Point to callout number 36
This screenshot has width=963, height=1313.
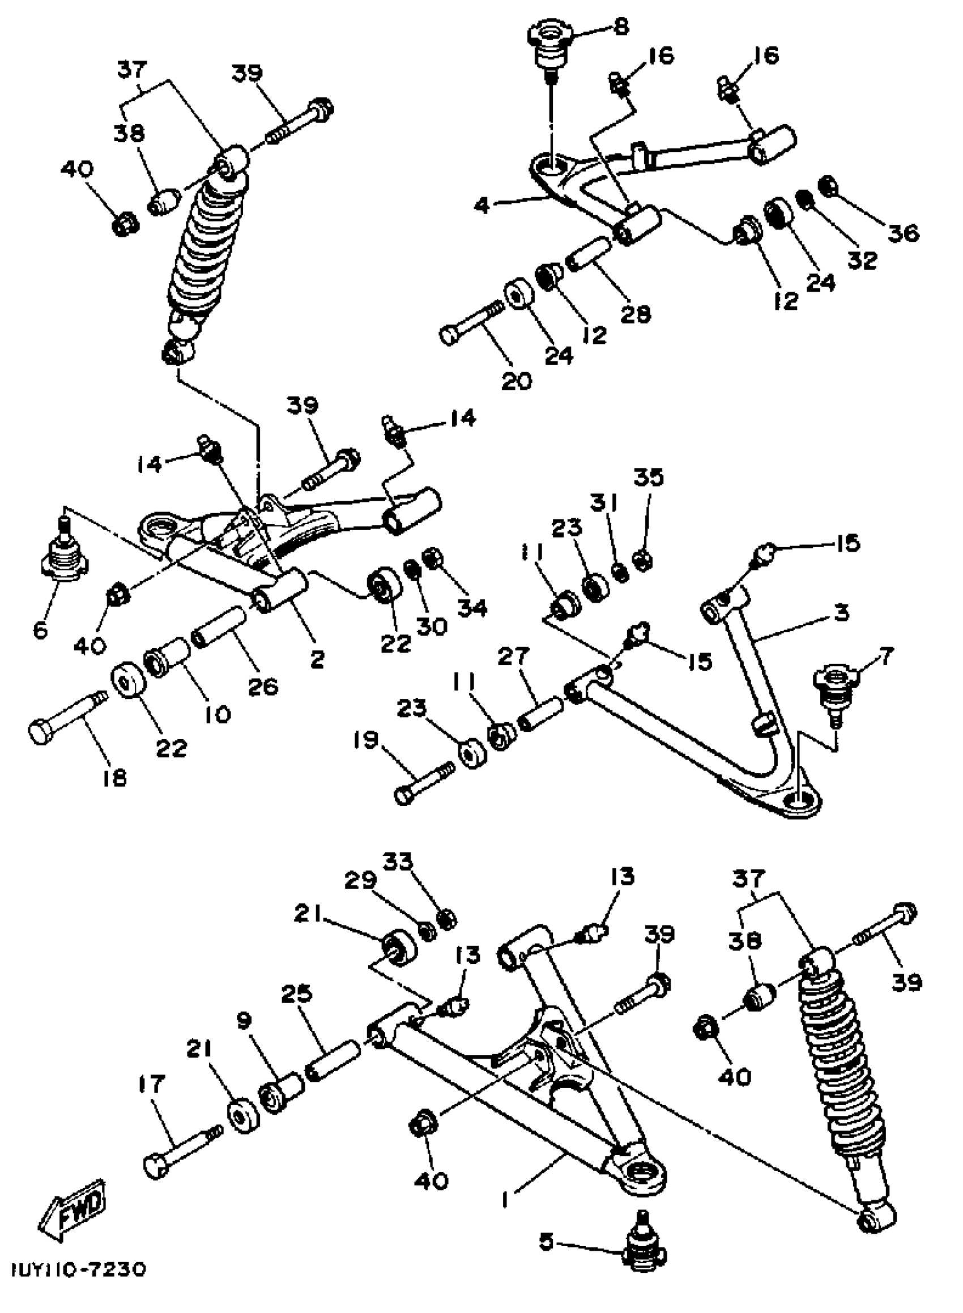coord(903,233)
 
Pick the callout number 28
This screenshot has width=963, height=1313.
coord(635,314)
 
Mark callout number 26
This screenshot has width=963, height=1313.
coord(263,687)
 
